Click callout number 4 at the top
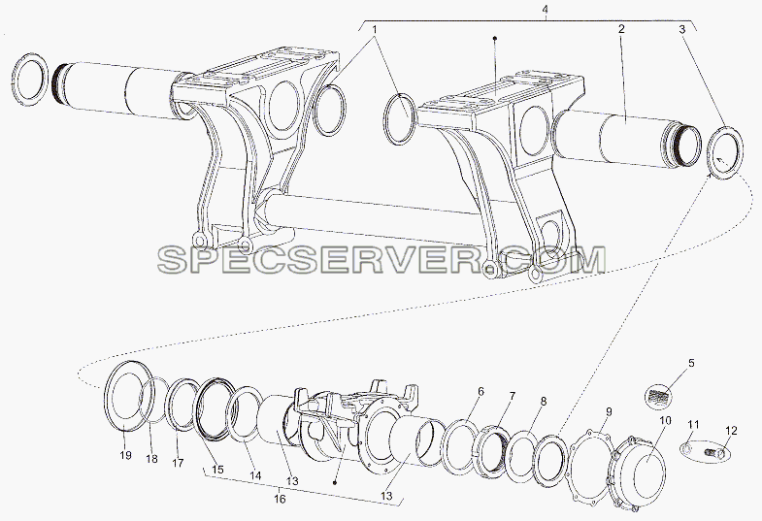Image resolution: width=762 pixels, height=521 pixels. click(x=547, y=9)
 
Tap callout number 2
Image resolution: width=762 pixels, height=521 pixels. click(x=621, y=29)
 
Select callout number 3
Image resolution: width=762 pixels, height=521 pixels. click(x=682, y=29)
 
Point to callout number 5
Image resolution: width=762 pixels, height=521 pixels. click(x=691, y=363)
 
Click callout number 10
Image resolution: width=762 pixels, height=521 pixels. click(x=665, y=419)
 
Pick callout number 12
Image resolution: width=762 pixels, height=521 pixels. click(x=731, y=430)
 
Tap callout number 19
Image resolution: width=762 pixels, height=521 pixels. click(x=125, y=455)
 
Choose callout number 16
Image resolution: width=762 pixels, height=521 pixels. click(x=280, y=499)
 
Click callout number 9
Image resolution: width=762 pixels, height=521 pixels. click(x=609, y=412)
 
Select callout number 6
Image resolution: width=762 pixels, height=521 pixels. click(x=480, y=391)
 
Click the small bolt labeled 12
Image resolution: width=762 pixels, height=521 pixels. click(x=714, y=454)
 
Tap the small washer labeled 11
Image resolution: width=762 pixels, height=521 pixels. click(x=686, y=450)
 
